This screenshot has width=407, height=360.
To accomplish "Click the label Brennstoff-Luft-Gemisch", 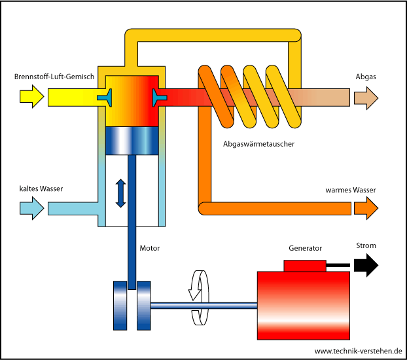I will click(x=55, y=77).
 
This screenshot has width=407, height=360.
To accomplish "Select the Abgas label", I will click(x=366, y=77).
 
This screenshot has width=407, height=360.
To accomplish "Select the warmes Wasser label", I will click(x=351, y=190).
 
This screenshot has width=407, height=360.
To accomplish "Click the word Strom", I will click(x=366, y=246).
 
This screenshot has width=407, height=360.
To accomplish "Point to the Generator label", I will click(x=306, y=249).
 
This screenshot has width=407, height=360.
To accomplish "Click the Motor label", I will click(x=150, y=249).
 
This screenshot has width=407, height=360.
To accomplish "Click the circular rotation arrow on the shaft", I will click(x=198, y=298).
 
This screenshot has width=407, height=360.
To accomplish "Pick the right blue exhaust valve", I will click(x=158, y=98).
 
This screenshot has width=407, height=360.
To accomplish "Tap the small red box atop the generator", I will click(x=304, y=265).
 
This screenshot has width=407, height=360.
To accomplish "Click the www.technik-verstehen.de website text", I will click(x=358, y=351).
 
